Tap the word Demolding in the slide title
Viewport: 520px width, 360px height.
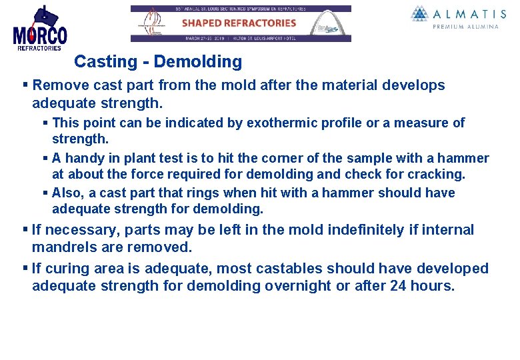(197, 62)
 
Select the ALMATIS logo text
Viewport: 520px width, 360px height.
(465, 13)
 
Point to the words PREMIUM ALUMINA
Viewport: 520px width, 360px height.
(465, 27)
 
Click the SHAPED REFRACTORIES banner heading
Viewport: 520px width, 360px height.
(239, 23)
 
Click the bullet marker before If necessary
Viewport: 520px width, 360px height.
(25, 230)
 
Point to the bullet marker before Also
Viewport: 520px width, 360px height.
(45, 193)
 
